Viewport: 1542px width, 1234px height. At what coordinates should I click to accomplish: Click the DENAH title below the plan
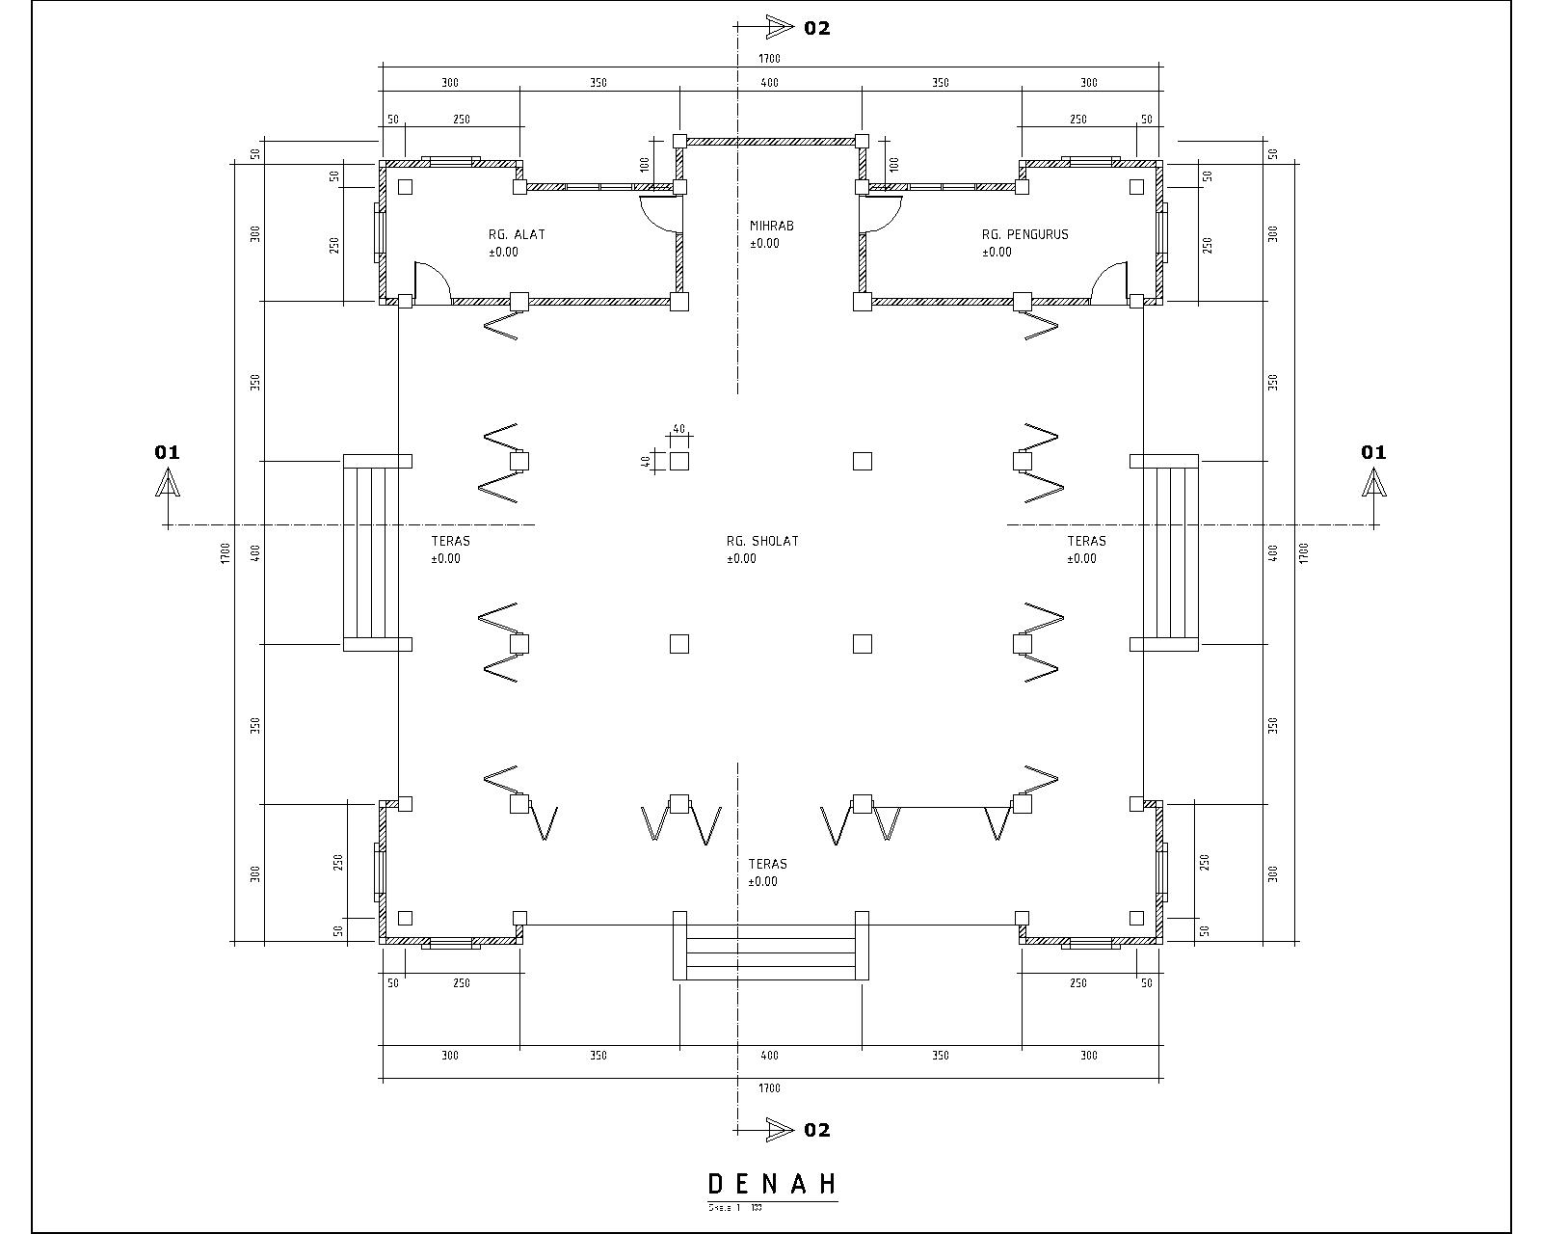771,1185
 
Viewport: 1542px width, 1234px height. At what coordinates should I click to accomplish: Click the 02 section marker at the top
816,28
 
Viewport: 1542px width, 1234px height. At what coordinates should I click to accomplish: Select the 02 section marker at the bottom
816,1130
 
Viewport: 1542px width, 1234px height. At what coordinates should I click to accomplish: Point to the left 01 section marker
168,452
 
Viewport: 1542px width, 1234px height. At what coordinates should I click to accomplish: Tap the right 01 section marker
1373,452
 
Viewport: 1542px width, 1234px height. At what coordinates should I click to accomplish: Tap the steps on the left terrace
371,552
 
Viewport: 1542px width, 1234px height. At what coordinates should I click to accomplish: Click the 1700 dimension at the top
769,59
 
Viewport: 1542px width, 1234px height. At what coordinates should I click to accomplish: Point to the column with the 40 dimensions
679,461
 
